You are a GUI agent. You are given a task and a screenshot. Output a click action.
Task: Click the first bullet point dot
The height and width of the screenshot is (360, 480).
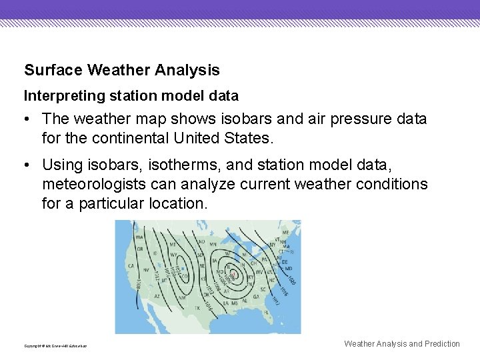click(x=25, y=120)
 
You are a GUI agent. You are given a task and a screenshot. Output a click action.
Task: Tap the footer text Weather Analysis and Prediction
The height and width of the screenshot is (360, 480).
click(x=401, y=344)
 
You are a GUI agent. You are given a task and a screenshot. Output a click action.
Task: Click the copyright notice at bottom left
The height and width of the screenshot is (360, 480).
click(x=55, y=345)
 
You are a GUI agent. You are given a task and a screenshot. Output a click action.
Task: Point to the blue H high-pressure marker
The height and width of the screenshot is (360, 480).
click(x=182, y=268)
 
